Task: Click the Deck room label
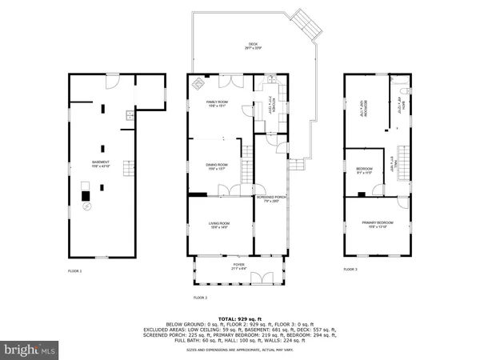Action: pos(254,46)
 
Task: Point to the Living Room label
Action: pos(219,225)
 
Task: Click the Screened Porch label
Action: pos(270,198)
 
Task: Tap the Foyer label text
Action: pos(239,266)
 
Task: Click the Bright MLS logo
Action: pos(30,349)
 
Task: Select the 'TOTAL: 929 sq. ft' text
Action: pos(240,318)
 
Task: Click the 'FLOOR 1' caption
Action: pos(74,271)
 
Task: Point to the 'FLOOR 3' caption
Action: pos(350,270)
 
